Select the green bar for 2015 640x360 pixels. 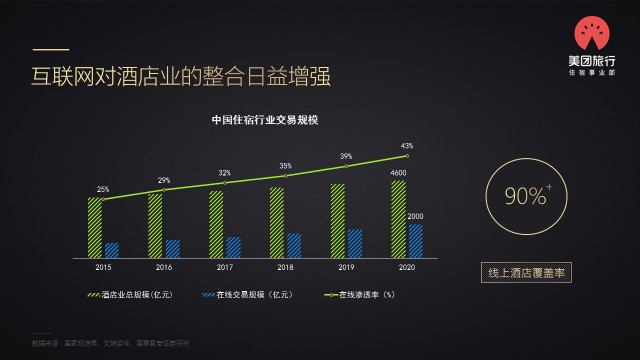(95, 227)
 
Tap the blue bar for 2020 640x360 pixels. (416, 241)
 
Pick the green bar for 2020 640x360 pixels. (398, 219)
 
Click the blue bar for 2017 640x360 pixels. (233, 247)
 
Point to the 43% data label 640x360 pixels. (407, 146)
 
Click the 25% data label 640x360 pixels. (103, 189)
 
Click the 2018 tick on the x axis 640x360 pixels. (285, 268)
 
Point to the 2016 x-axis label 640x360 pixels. (164, 268)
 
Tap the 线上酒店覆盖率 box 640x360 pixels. (525, 272)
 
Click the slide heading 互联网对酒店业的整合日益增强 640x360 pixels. (180, 77)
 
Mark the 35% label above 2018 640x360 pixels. (286, 166)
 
